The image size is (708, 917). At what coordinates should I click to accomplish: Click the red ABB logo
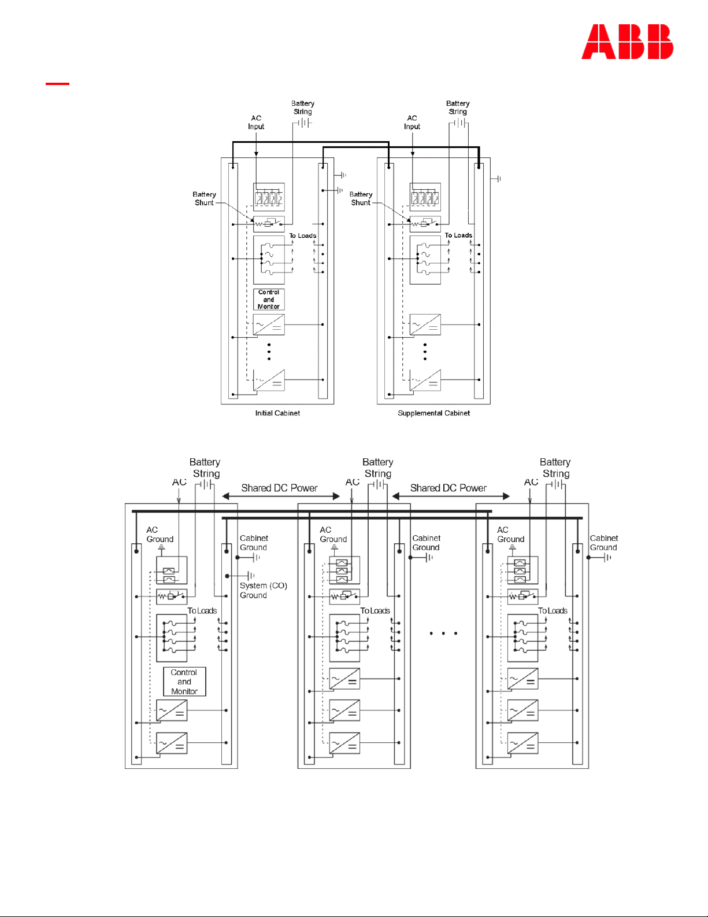[x=627, y=42]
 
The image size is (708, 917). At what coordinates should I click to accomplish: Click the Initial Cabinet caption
[x=277, y=413]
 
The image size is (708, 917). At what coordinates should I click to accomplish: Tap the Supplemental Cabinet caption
[x=433, y=413]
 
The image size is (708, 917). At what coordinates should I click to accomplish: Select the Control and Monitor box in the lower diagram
[x=184, y=682]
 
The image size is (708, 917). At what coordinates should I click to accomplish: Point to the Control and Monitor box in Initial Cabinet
[x=269, y=300]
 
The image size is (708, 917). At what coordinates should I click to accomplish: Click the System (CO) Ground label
[x=263, y=590]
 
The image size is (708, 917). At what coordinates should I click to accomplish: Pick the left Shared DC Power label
[x=279, y=488]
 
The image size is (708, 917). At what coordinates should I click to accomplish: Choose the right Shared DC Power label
[x=448, y=488]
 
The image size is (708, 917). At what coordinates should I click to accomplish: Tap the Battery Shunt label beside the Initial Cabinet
[x=204, y=198]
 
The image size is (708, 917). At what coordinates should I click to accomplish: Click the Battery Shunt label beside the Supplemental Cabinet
[x=361, y=198]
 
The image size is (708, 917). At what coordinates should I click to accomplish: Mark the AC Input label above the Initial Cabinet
[x=256, y=122]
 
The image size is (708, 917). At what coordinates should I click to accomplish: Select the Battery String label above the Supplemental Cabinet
[x=458, y=108]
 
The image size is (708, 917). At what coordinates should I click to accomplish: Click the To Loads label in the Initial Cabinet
[x=303, y=235]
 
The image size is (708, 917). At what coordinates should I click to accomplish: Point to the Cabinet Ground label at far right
[x=603, y=543]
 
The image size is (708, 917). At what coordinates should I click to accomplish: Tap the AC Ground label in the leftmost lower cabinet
[x=160, y=535]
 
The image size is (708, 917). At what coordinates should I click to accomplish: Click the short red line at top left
[x=57, y=84]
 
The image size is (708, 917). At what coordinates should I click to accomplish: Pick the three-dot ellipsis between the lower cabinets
[x=443, y=634]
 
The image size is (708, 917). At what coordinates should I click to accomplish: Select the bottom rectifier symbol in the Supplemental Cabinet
[x=425, y=380]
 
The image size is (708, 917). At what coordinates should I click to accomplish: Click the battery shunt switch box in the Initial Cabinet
[x=269, y=224]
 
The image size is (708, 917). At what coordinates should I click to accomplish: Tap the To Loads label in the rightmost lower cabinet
[x=553, y=611]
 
